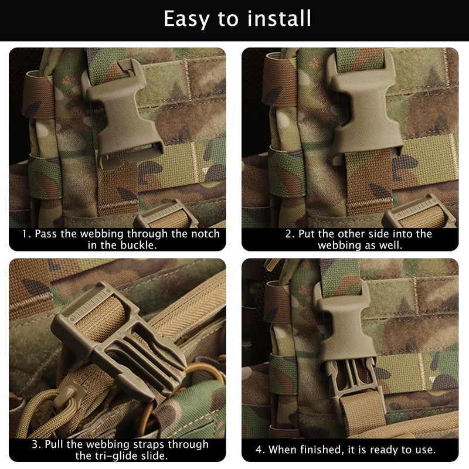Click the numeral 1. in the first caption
click(26, 234)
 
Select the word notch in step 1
click(203, 234)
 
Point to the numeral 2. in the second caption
click(290, 234)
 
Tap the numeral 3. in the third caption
click(36, 444)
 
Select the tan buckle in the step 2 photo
click(365, 114)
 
